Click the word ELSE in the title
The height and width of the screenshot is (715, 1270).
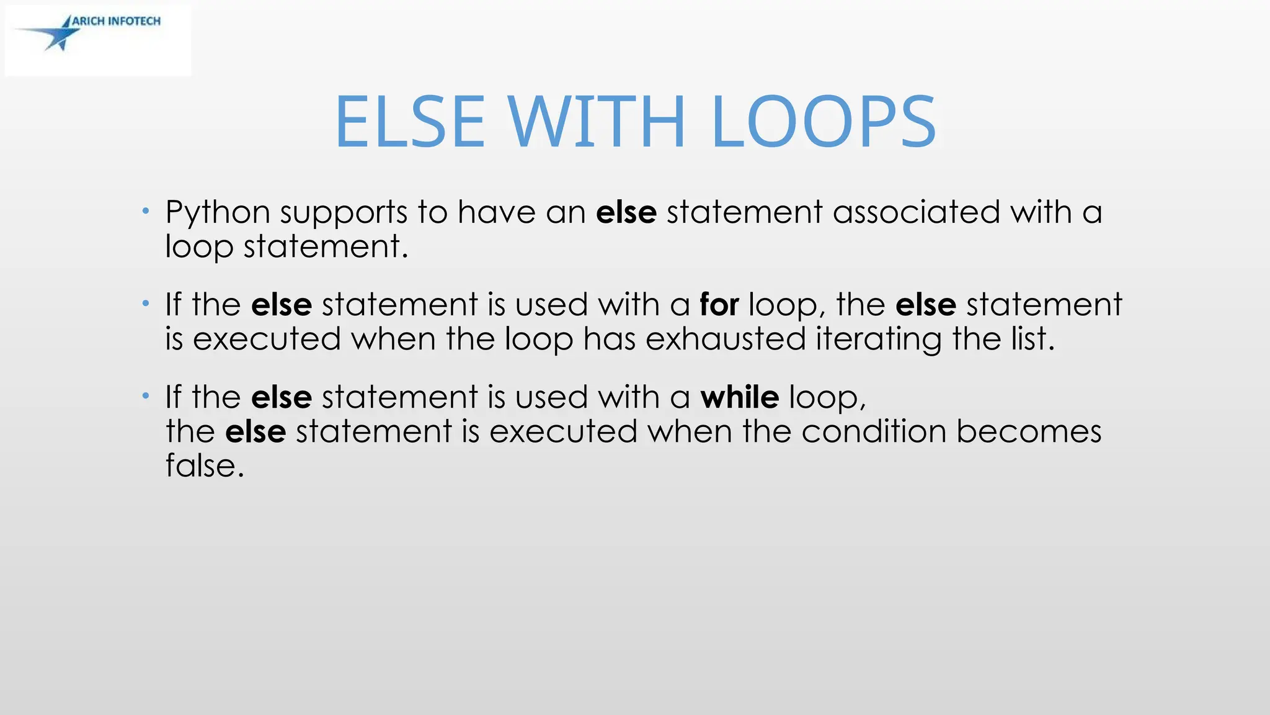tap(409, 122)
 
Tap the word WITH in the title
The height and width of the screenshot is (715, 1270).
tap(597, 122)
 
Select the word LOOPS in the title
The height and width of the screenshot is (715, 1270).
tap(824, 122)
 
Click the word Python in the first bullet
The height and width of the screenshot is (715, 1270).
tap(218, 213)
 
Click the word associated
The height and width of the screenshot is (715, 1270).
tap(916, 212)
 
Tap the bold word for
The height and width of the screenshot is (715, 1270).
tap(719, 305)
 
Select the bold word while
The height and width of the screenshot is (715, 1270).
tap(739, 397)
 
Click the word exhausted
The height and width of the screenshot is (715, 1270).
tap(725, 339)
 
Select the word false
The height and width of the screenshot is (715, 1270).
tap(205, 465)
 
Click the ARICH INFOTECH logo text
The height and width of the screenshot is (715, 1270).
tap(117, 21)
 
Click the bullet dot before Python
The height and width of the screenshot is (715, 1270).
tap(146, 212)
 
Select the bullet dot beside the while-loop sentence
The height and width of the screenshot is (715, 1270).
tap(146, 396)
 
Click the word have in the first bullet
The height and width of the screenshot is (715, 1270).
tap(497, 212)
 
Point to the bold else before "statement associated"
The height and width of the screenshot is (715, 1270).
tap(626, 212)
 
